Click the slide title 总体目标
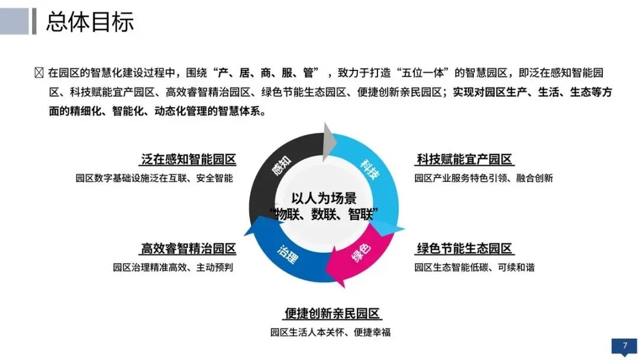pyautogui.click(x=90, y=21)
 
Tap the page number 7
pyautogui.click(x=625, y=345)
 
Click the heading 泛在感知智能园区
pyautogui.click(x=189, y=159)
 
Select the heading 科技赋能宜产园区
pyautogui.click(x=464, y=159)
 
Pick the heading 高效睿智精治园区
pyautogui.click(x=189, y=248)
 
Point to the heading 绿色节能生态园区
pyautogui.click(x=464, y=248)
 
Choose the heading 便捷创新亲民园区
pyautogui.click(x=332, y=313)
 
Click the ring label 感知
pyautogui.click(x=282, y=165)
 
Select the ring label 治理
pyautogui.click(x=288, y=255)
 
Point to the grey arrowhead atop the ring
pyautogui.click(x=328, y=142)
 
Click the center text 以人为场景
pyautogui.click(x=324, y=198)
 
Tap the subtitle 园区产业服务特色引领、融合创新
pyautogui.click(x=484, y=178)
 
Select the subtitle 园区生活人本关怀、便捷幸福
pyautogui.click(x=331, y=332)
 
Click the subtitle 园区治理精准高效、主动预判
pyautogui.click(x=173, y=267)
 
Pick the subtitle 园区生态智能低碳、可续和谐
pyautogui.click(x=475, y=267)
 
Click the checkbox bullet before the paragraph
pyautogui.click(x=39, y=73)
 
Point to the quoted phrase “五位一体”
pyautogui.click(x=422, y=73)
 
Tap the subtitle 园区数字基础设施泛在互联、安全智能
pyautogui.click(x=154, y=178)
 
